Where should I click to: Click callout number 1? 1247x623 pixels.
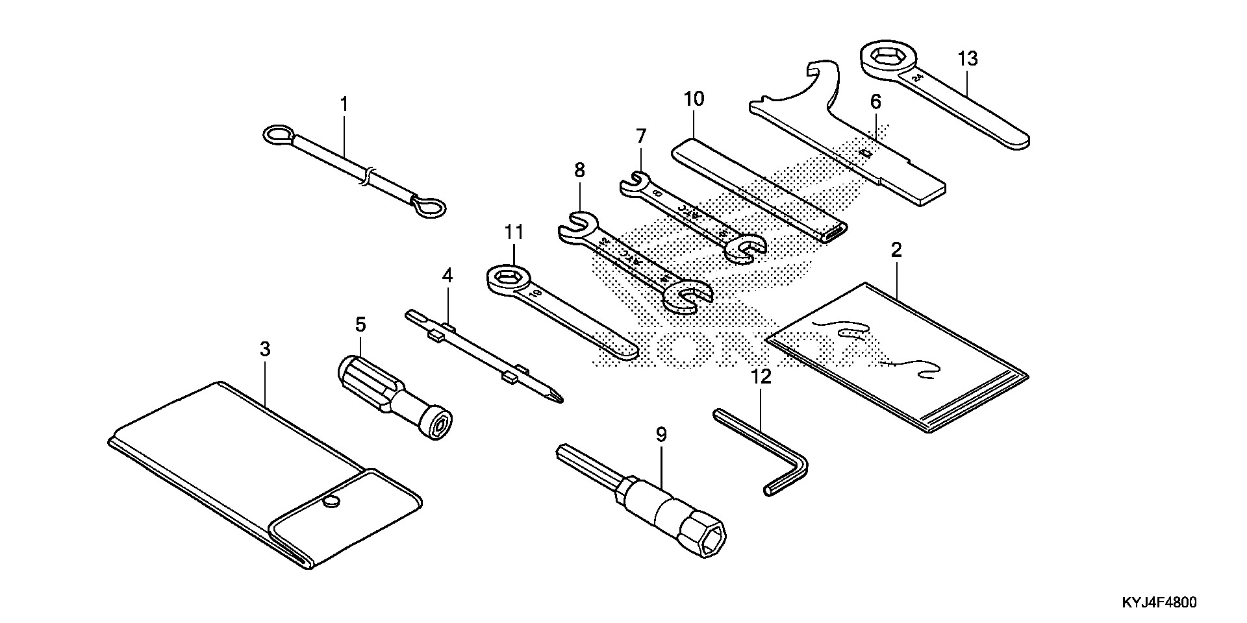click(x=344, y=104)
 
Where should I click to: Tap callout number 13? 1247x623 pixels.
click(x=967, y=59)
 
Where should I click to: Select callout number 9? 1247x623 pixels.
click(x=661, y=435)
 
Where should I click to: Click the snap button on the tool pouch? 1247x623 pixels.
click(x=332, y=500)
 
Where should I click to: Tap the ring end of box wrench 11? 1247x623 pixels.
click(x=509, y=280)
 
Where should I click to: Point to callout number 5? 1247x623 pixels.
click(x=360, y=324)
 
